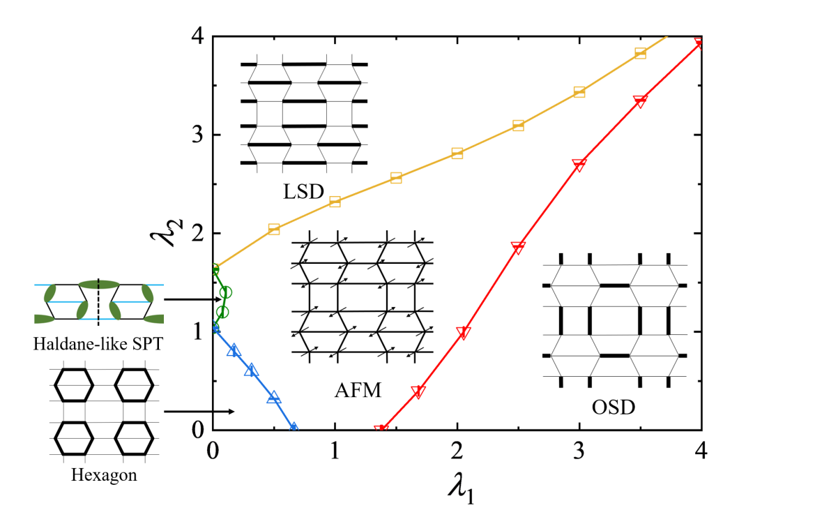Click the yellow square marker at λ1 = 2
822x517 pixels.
[x=457, y=153]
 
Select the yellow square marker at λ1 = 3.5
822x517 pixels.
[x=640, y=54]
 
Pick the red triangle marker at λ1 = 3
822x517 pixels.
[x=579, y=165]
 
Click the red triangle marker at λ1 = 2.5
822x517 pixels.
[x=518, y=248]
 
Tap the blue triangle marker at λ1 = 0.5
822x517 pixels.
[x=274, y=397]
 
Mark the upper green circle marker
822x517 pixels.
[x=226, y=292]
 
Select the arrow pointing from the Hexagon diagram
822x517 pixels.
[x=199, y=412]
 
